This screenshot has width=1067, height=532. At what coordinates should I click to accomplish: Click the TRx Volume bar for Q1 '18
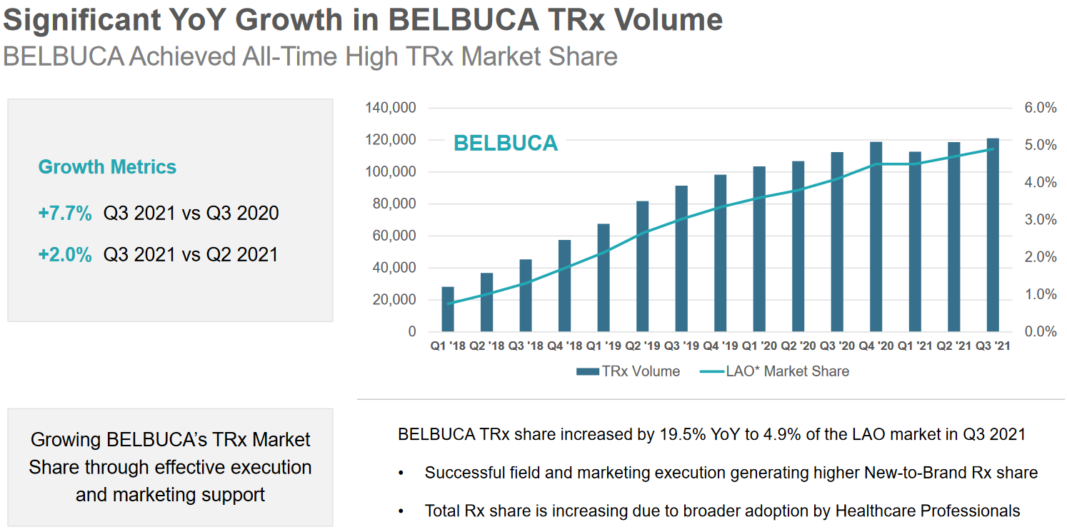click(448, 309)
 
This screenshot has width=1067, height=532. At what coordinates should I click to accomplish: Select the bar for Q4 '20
click(876, 237)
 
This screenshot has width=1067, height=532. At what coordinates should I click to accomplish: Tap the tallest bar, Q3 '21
click(993, 235)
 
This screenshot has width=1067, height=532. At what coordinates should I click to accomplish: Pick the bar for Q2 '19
click(643, 266)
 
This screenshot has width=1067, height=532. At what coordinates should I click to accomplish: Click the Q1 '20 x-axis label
click(758, 346)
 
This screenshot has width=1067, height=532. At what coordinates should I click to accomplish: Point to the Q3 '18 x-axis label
click(525, 346)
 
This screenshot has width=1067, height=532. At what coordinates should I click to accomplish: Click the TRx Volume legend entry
click(628, 371)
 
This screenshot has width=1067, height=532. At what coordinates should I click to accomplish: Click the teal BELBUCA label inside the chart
click(506, 143)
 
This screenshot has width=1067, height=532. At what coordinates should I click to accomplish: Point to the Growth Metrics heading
click(107, 167)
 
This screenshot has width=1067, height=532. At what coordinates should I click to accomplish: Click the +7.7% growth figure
click(65, 213)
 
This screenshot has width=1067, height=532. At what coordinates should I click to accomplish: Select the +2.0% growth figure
click(65, 255)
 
